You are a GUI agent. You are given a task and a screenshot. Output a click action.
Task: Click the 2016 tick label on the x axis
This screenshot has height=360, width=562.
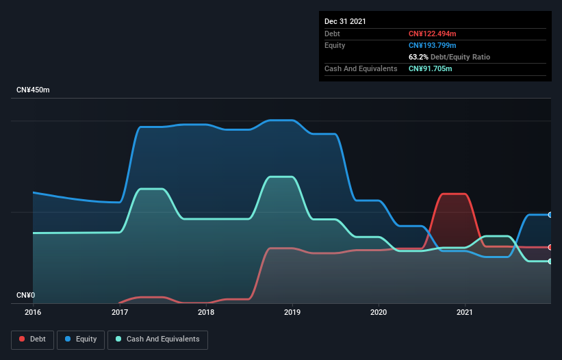33,312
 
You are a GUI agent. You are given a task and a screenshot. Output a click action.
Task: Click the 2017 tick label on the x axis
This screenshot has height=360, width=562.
120,312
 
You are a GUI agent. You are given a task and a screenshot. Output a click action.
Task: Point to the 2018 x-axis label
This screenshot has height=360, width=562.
206,312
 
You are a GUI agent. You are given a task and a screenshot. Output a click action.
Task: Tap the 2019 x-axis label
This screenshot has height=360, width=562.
292,312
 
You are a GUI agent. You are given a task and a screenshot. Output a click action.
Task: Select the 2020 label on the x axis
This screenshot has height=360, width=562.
379,312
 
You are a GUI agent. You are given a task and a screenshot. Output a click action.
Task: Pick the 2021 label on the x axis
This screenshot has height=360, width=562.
465,312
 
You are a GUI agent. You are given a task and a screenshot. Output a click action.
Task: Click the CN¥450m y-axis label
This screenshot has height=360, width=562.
33,90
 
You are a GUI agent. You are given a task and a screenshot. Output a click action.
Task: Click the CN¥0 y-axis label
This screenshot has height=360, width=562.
26,296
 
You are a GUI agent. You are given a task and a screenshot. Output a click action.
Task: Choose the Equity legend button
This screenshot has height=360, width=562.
81,339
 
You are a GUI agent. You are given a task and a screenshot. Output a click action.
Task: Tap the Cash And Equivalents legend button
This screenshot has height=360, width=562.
157,339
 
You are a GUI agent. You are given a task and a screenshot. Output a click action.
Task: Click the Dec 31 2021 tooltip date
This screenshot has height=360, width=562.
345,21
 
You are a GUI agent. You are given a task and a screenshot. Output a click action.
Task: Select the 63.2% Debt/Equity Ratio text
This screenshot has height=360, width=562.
449,57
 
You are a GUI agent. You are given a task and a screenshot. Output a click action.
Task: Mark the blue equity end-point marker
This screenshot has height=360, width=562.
550,215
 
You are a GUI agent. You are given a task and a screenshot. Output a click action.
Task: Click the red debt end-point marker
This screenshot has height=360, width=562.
550,247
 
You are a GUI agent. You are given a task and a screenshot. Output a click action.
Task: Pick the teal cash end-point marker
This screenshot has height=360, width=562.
550,261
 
